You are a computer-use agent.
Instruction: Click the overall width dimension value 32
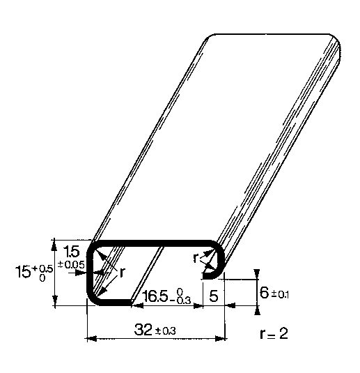point(143,330)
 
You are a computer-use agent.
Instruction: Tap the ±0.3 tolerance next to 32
point(166,331)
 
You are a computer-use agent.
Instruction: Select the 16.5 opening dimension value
point(155,296)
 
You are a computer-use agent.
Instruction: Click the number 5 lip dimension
point(214,296)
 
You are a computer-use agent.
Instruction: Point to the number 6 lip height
point(264,292)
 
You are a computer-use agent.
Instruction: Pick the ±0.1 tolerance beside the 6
point(280,295)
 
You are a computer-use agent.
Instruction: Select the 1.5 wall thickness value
point(71,252)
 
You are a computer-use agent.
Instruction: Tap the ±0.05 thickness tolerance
point(71,265)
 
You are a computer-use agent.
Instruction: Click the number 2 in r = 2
point(283,333)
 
